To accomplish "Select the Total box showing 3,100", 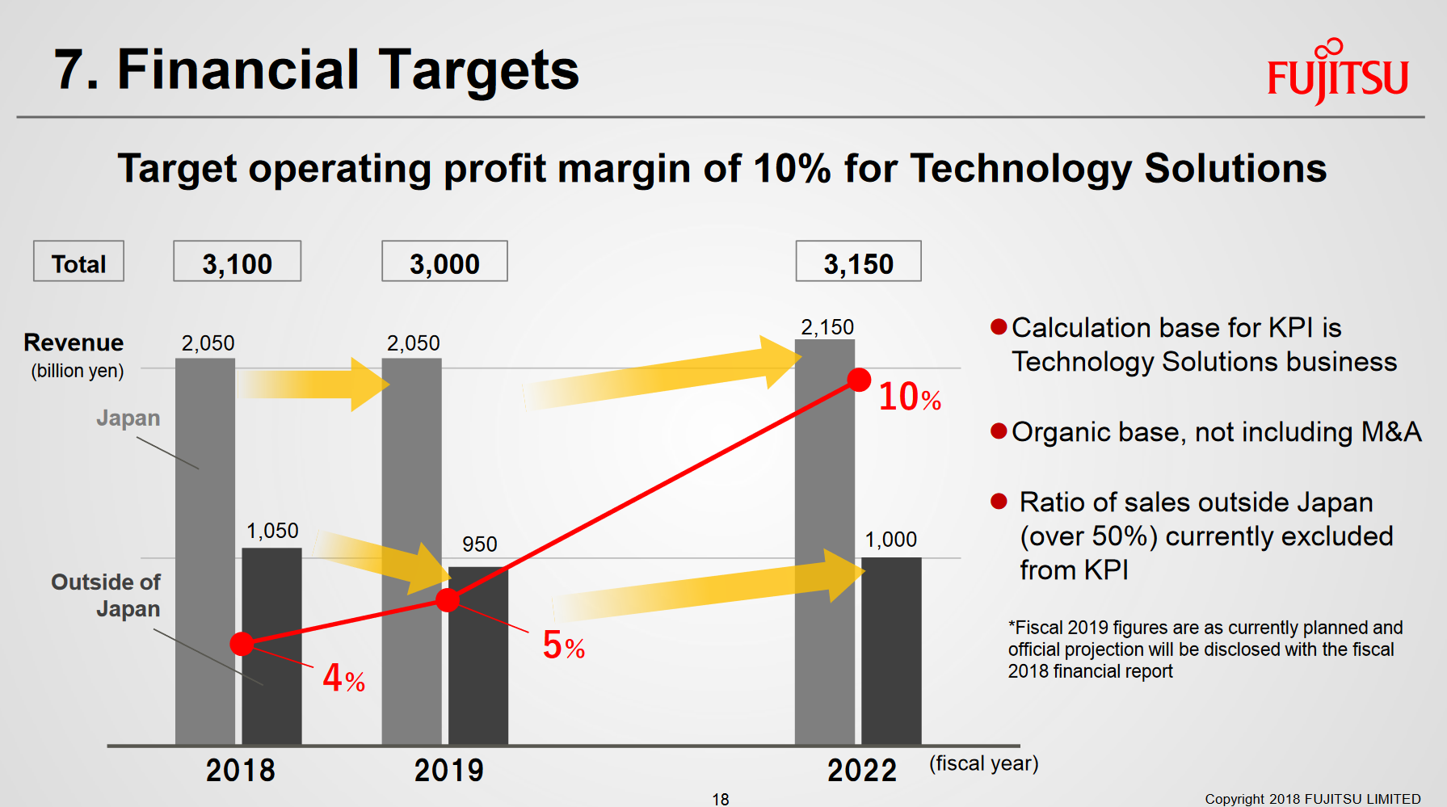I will pos(237,262).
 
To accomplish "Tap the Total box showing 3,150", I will pos(858,262).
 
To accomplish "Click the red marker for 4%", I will pos(242,643).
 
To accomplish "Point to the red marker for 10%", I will pos(859,380).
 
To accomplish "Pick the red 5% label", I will pos(563,645).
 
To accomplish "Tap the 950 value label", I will pos(479,544).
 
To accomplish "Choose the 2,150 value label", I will pos(827,327).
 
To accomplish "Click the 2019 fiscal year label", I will pos(448,771).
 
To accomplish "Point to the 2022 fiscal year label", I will pos(861,771).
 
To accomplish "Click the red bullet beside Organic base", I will pos(999,431).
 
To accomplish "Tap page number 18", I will pos(720,799).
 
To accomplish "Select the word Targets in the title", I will pos(478,69).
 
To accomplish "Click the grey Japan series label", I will pos(128,418).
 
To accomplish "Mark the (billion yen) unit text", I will pos(78,371).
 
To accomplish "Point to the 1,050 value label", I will pos(272,531).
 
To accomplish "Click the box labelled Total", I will pos(78,262).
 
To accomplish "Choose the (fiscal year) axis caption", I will pos(983,763).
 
